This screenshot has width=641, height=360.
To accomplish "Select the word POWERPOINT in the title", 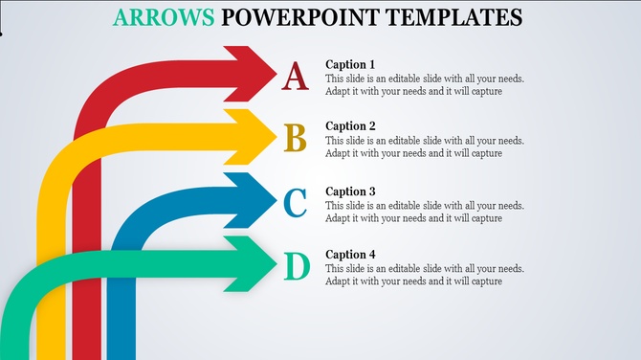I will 289,17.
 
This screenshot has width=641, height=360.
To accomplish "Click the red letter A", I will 296,76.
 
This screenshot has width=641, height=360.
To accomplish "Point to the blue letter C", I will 296,203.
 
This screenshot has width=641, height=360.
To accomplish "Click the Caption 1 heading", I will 350,64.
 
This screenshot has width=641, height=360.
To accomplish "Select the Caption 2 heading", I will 350,126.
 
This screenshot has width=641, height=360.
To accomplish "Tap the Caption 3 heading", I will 350,191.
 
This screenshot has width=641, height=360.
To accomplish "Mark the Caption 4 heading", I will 350,255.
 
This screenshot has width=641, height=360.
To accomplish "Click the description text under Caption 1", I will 424,85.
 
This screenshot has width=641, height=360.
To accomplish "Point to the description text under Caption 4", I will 424,276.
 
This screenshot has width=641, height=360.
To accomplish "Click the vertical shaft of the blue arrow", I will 121,306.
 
